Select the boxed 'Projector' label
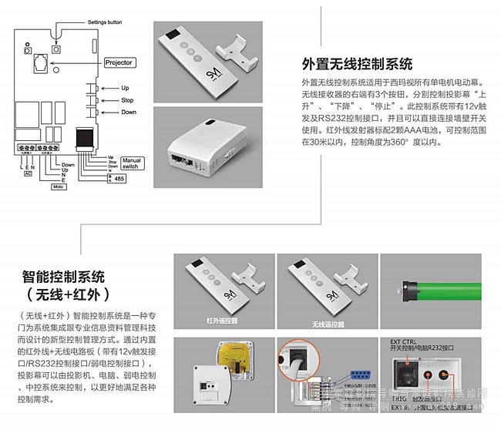click(x=118, y=62)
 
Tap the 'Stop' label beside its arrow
click(x=128, y=100)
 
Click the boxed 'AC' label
click(x=28, y=173)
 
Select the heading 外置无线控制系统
click(x=357, y=64)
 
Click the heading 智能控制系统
click(x=64, y=276)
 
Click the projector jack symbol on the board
click(x=40, y=59)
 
